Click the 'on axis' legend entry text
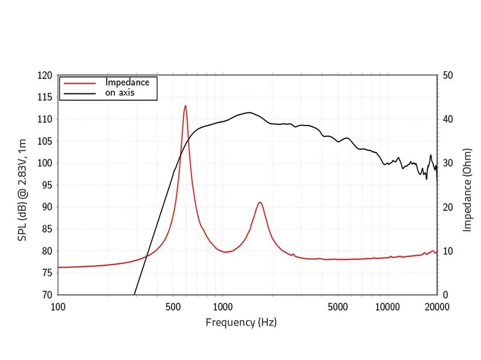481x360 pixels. point(121,93)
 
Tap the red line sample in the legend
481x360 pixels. point(79,82)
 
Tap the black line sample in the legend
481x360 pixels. point(79,93)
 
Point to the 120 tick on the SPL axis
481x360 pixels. point(44,75)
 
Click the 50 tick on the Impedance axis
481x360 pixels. point(449,75)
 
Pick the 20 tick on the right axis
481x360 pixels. point(449,207)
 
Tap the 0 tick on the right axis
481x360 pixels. point(446,295)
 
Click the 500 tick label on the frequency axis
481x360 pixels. point(172,306)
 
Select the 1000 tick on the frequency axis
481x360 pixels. point(222,306)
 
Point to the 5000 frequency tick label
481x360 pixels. point(337,306)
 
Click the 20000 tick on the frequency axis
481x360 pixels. point(436,306)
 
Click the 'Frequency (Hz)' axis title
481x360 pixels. point(240,322)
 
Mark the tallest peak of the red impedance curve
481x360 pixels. point(185,106)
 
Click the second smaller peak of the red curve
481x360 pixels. point(260,202)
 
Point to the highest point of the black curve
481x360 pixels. point(249,113)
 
